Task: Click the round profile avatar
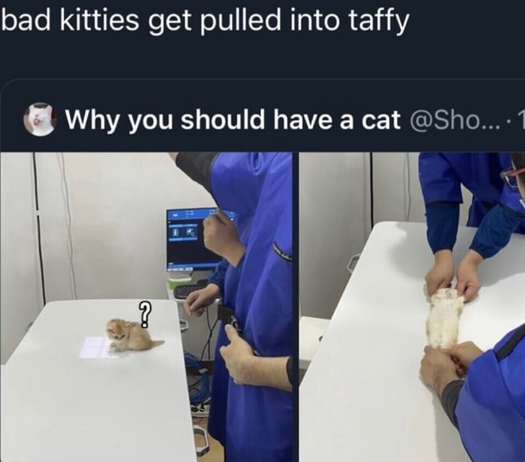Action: (39, 120)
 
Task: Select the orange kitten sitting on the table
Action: (129, 335)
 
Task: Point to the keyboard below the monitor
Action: (190, 289)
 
